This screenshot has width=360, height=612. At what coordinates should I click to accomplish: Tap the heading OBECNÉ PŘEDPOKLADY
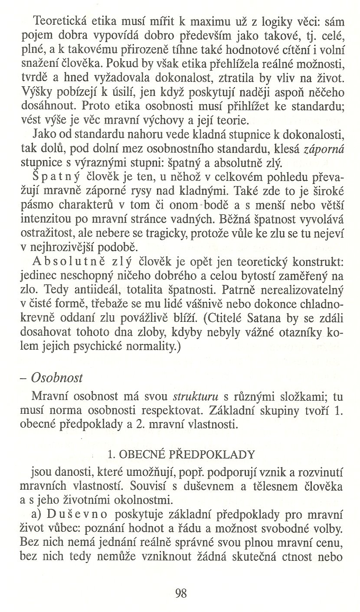click(x=180, y=455)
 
